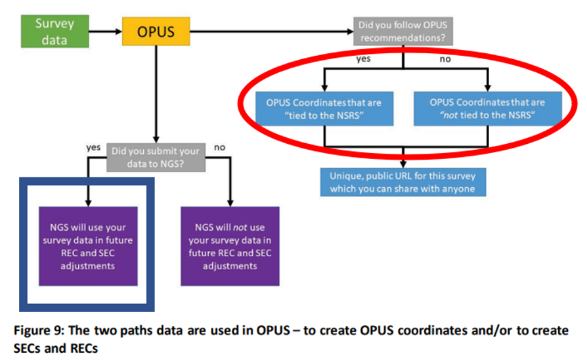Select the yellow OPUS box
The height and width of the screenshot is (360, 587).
click(156, 31)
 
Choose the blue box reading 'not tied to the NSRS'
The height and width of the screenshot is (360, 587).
click(487, 108)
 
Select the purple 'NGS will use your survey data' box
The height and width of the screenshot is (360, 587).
click(88, 246)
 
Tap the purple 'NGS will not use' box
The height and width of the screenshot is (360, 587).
click(230, 246)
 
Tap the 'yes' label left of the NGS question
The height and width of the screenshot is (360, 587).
click(93, 147)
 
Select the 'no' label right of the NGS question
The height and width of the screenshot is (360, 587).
click(219, 147)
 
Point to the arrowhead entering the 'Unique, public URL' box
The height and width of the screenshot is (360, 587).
click(404, 164)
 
